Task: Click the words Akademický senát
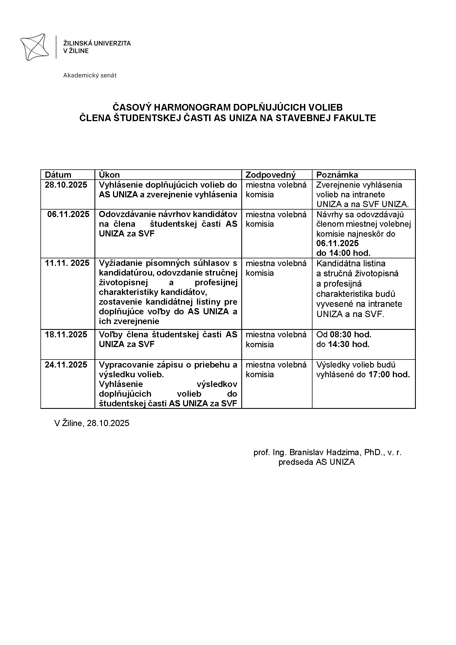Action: pyautogui.click(x=89, y=75)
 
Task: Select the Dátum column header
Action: pyautogui.click(x=58, y=175)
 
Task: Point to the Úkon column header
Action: pyautogui.click(x=109, y=175)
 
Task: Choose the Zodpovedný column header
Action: pyautogui.click(x=271, y=175)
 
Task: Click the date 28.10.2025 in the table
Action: pyautogui.click(x=66, y=185)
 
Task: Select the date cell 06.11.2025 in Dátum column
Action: pyautogui.click(x=68, y=214)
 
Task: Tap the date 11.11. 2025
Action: pyautogui.click(x=67, y=263)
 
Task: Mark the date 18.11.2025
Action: pyautogui.click(x=66, y=334)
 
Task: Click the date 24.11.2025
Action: pyautogui.click(x=66, y=365)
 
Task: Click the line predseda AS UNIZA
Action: pyautogui.click(x=316, y=462)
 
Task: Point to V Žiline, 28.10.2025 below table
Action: pyautogui.click(x=92, y=423)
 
